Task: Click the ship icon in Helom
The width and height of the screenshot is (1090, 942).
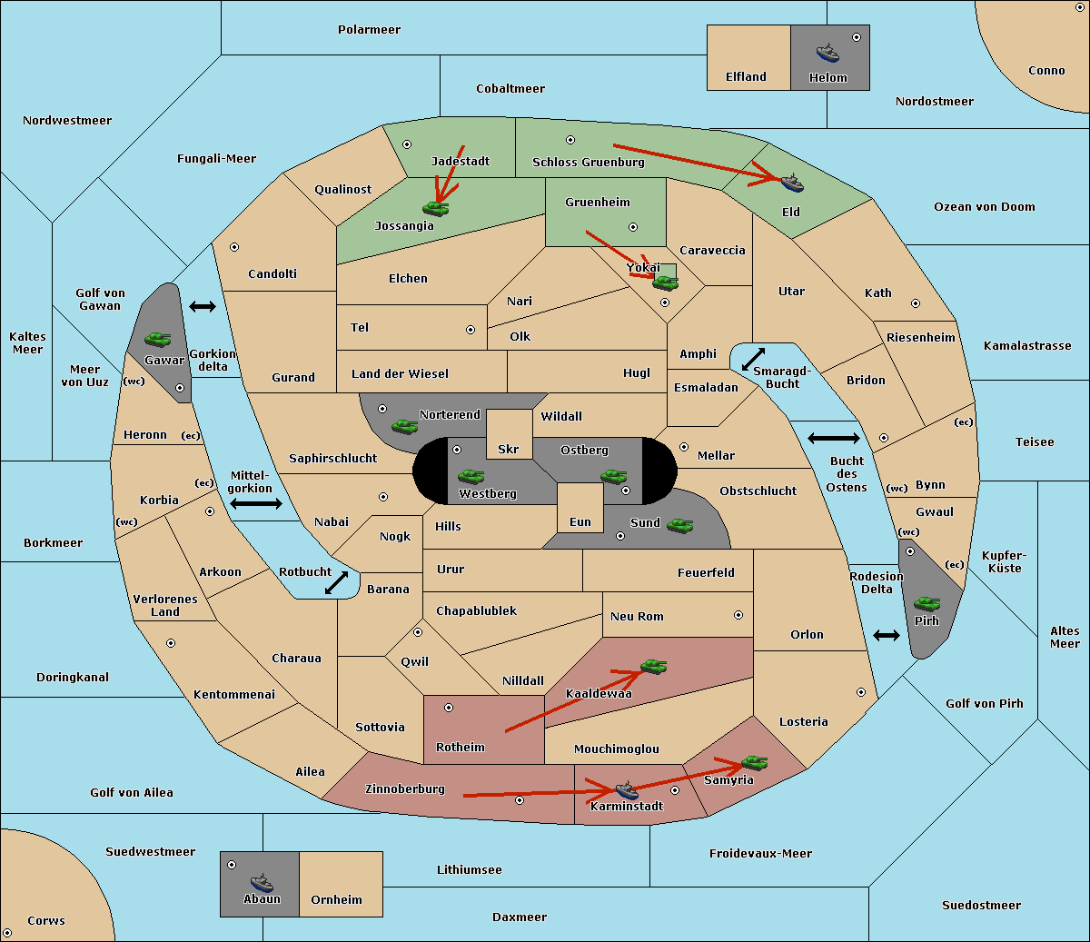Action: click(x=827, y=53)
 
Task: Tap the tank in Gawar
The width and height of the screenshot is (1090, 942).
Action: click(x=158, y=339)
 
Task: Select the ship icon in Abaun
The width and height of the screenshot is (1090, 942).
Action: click(x=262, y=882)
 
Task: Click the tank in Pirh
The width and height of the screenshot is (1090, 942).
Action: click(x=926, y=604)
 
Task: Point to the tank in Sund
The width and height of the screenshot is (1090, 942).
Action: click(x=679, y=526)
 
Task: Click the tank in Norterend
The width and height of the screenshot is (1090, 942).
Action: click(x=404, y=427)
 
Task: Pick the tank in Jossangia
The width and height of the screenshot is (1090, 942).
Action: click(x=436, y=208)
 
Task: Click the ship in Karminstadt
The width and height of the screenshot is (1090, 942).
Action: click(x=627, y=790)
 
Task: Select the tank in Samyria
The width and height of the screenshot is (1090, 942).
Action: click(x=754, y=763)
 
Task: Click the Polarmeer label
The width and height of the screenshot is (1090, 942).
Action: click(x=369, y=30)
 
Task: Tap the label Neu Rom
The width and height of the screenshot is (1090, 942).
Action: click(x=637, y=616)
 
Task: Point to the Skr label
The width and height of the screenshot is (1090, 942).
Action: click(x=508, y=449)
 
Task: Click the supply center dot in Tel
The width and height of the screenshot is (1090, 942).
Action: click(x=471, y=330)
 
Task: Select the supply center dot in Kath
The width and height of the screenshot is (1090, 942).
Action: click(x=916, y=303)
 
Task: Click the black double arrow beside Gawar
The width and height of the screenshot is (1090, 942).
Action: click(x=203, y=306)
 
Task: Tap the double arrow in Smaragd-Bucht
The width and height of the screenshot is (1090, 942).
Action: click(x=753, y=359)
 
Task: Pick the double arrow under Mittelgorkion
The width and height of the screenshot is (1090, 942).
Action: click(x=256, y=503)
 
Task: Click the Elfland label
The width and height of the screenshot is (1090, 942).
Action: click(x=746, y=77)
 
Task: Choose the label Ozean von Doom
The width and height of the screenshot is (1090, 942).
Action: click(x=984, y=207)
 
